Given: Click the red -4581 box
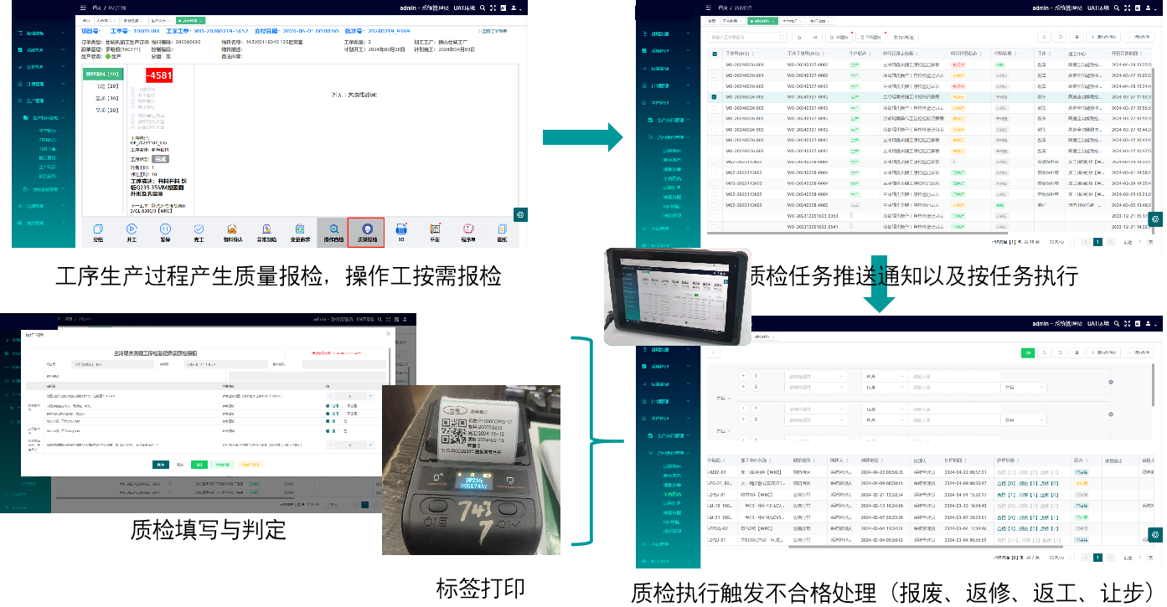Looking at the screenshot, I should (x=159, y=75).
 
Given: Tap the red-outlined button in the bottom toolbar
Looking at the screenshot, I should (x=366, y=231).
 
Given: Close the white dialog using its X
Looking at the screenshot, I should (x=387, y=334).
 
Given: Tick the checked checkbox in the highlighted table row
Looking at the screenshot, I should (x=714, y=97).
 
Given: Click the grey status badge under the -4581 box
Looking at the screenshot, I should (x=159, y=158).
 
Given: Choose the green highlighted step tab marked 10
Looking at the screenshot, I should (x=101, y=74).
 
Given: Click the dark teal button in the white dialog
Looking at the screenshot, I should (x=159, y=464).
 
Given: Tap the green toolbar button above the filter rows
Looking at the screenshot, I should (x=1026, y=352).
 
